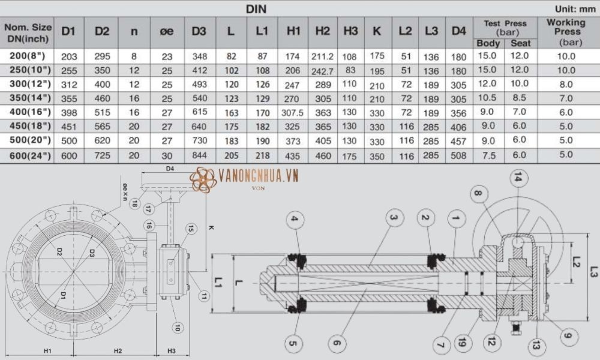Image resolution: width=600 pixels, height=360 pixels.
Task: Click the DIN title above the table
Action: [256, 9]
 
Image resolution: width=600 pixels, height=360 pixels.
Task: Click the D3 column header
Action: [199, 31]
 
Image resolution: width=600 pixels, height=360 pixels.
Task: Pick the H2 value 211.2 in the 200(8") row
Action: [322, 56]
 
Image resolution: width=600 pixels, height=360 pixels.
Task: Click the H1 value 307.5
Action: [293, 112]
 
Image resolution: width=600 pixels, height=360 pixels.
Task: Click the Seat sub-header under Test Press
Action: [520, 43]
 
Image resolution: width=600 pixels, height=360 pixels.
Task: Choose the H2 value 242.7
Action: [322, 70]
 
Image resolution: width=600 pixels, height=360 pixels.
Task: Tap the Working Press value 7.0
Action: [565, 98]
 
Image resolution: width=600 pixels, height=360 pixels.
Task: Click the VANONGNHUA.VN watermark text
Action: [259, 176]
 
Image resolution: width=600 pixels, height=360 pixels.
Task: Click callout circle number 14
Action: [517, 177]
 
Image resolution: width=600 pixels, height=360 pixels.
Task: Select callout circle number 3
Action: [393, 217]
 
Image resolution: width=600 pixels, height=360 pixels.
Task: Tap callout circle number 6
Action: [336, 343]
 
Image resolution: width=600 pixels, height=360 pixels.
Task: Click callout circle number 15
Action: [191, 229]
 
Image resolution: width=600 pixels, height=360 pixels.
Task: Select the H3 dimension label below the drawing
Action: [171, 350]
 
